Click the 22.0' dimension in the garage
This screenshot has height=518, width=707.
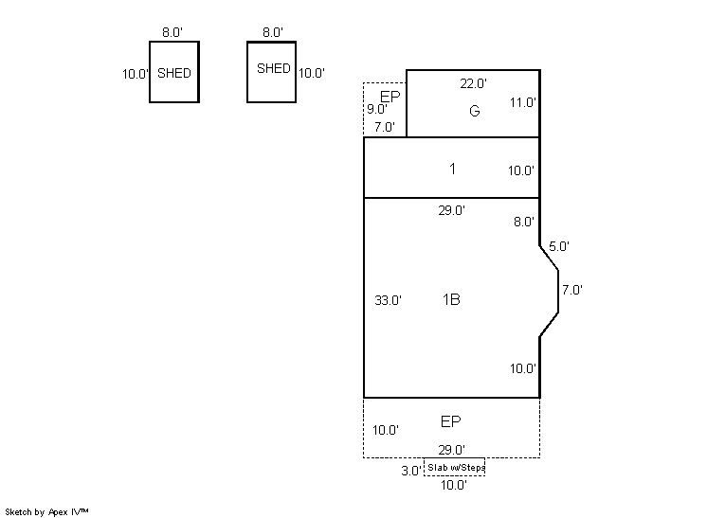point(474,83)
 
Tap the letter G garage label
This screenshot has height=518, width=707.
point(475,111)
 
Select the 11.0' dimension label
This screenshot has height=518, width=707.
point(523,102)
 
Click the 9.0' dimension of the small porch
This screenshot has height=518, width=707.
point(377,109)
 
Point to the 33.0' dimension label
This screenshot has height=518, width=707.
point(389,300)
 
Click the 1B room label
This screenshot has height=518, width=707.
point(451,299)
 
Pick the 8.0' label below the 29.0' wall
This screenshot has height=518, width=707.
point(524,222)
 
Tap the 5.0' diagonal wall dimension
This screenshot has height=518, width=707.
point(559,246)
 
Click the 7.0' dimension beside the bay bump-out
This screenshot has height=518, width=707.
point(572,290)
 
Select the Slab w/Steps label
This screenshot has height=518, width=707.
point(456,468)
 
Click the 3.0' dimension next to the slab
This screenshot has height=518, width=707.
point(411,471)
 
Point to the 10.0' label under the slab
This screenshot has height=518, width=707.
point(454,485)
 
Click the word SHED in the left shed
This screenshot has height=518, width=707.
point(174,73)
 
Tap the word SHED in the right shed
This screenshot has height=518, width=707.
point(274,68)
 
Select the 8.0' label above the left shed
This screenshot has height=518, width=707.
point(172,32)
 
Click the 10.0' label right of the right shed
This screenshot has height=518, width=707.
point(312,73)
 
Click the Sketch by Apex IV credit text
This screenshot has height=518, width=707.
point(46,512)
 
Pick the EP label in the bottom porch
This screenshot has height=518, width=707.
point(450,421)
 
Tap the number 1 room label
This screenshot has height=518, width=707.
point(452,169)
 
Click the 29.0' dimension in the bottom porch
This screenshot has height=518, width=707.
point(452,450)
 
